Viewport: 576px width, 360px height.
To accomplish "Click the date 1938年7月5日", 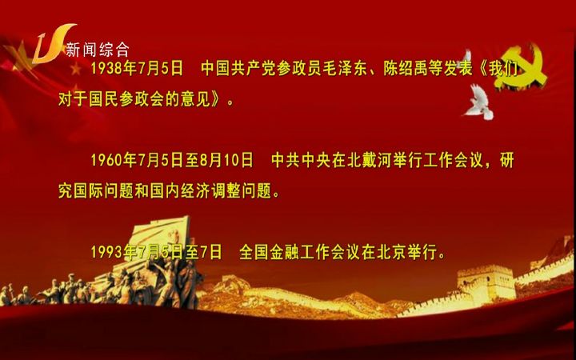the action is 137,68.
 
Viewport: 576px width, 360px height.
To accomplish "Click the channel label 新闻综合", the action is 98,50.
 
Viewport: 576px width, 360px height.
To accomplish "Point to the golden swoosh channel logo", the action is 51,42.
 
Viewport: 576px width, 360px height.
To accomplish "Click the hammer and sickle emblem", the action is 521,67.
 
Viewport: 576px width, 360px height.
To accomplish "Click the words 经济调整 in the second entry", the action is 211,191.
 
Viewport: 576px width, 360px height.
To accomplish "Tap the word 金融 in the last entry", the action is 285,252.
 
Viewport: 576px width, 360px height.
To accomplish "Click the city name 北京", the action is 392,252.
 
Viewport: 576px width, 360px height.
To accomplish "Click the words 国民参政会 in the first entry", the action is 126,99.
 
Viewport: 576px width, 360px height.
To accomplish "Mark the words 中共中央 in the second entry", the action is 302,160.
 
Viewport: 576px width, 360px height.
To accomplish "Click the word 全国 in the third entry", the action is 254,252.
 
